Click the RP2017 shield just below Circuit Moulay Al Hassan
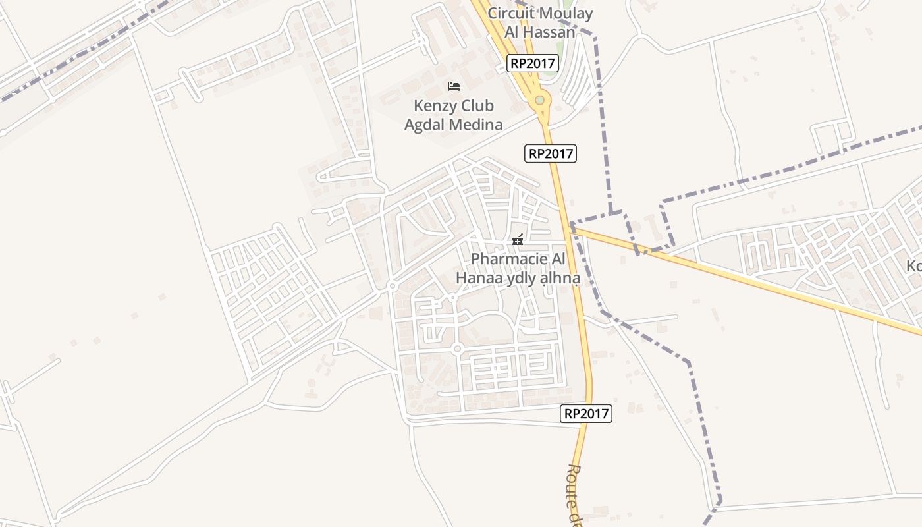tap(533, 63)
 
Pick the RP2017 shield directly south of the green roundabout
tap(551, 153)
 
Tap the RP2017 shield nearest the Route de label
tap(587, 414)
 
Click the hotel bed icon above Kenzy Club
tap(453, 86)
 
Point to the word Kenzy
tap(434, 106)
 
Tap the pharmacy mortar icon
tap(518, 240)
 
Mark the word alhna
tap(560, 279)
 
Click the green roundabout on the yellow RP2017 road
tap(540, 100)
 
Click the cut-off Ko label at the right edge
tap(914, 266)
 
